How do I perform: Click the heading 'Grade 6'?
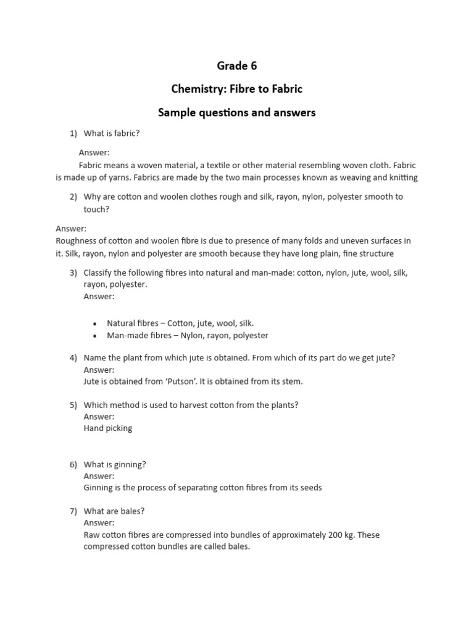pyautogui.click(x=237, y=66)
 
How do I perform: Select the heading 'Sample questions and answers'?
pyautogui.click(x=237, y=113)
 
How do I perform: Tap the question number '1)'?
pyautogui.click(x=73, y=134)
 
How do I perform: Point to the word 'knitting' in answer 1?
pyautogui.click(x=402, y=178)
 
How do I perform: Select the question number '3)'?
pyautogui.click(x=73, y=273)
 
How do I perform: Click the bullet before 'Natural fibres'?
pyautogui.click(x=94, y=324)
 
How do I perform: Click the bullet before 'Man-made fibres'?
pyautogui.click(x=94, y=336)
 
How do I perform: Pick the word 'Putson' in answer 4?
pyautogui.click(x=185, y=381)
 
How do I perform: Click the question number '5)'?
pyautogui.click(x=73, y=405)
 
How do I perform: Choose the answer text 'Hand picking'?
pyautogui.click(x=108, y=428)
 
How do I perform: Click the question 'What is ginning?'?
pyautogui.click(x=115, y=464)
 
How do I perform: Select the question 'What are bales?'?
pyautogui.click(x=114, y=511)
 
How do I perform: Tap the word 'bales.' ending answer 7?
pyautogui.click(x=238, y=547)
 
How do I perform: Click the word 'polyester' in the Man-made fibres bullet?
pyautogui.click(x=250, y=336)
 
